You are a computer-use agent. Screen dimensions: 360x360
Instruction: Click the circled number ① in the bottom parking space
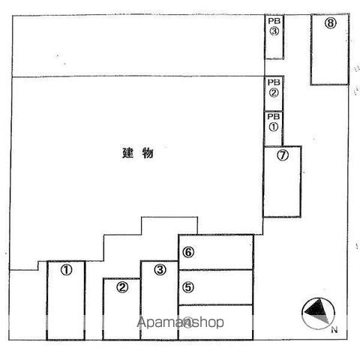pyautogui.click(x=66, y=270)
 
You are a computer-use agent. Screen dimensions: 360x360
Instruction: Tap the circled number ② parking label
pyautogui.click(x=122, y=287)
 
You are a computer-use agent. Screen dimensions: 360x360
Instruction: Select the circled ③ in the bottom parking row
pyautogui.click(x=160, y=270)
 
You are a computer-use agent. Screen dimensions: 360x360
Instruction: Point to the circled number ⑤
pyautogui.click(x=188, y=287)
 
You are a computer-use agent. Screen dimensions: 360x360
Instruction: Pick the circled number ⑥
pyautogui.click(x=188, y=252)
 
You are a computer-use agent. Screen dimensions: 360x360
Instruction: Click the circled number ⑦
pyautogui.click(x=283, y=155)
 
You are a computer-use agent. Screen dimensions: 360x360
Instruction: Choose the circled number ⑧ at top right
pyautogui.click(x=331, y=23)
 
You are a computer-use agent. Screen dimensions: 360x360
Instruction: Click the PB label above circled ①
pyautogui.click(x=274, y=116)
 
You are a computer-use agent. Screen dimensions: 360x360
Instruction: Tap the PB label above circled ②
pyautogui.click(x=274, y=82)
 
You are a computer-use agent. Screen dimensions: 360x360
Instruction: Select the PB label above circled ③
pyautogui.click(x=274, y=21)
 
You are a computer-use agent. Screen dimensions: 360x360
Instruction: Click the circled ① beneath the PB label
pyautogui.click(x=274, y=127)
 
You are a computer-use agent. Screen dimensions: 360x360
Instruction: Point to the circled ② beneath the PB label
pyautogui.click(x=274, y=93)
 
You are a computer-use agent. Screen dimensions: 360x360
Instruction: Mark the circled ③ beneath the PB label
pyautogui.click(x=274, y=31)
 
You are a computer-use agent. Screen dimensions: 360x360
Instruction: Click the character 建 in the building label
pyautogui.click(x=128, y=153)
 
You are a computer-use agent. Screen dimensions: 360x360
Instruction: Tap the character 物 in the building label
pyautogui.click(x=148, y=153)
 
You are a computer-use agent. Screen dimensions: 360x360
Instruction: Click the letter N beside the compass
pyautogui.click(x=334, y=330)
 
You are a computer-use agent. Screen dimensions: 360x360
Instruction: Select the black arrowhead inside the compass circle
pyautogui.click(x=315, y=308)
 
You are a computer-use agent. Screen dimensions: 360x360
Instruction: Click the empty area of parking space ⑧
pyautogui.click(x=330, y=58)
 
